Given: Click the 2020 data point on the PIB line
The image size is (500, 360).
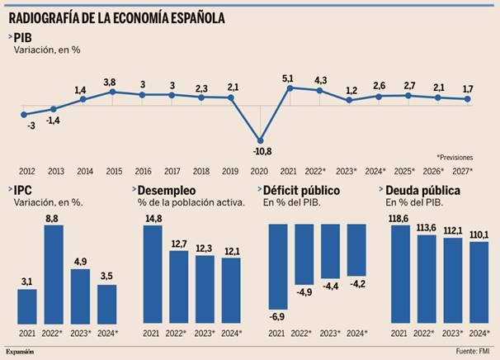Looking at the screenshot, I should pos(261,140).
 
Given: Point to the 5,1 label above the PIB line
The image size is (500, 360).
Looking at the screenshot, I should pos(288,78).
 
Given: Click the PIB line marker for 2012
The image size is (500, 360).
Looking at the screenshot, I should pos(24,114).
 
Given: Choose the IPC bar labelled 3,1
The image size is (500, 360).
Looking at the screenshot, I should pos(27,306).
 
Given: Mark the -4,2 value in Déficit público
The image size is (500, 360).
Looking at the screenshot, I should pos(356,285).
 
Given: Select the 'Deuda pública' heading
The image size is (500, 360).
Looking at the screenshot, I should pos(424,189).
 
